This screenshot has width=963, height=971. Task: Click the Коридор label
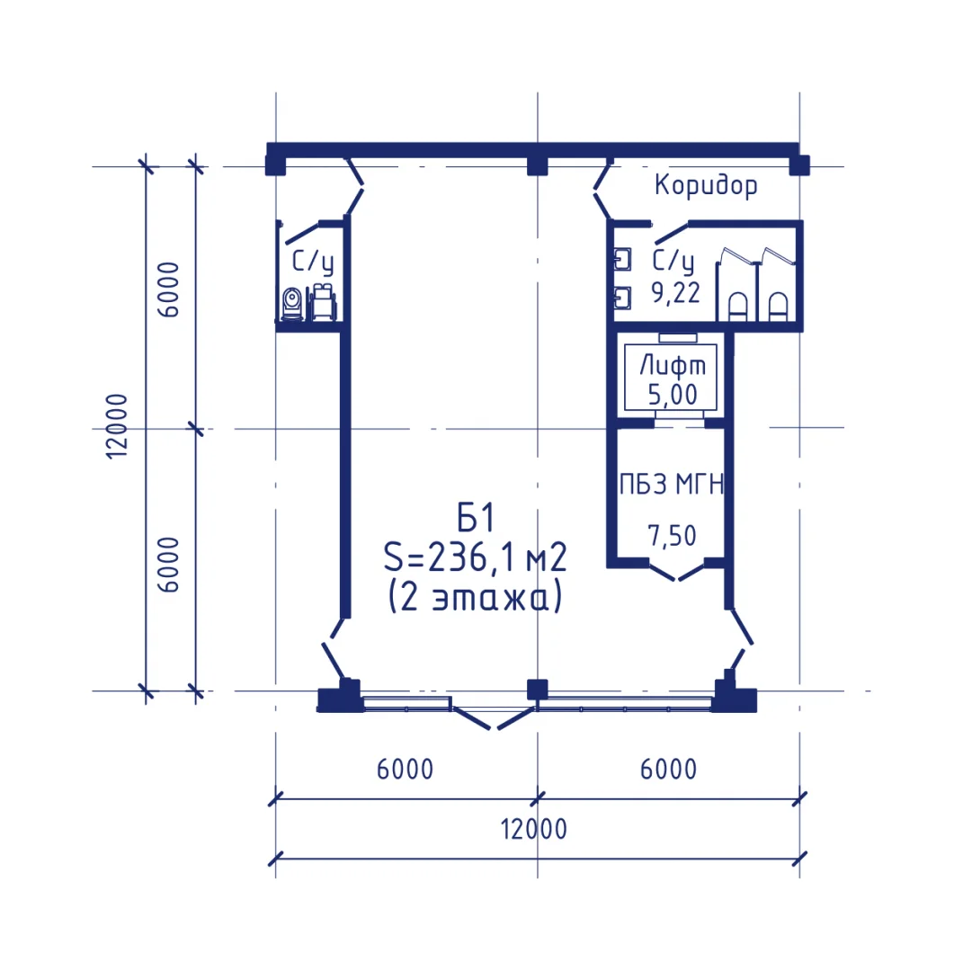705,185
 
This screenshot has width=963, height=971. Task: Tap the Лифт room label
673,365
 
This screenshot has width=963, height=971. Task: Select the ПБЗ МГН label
672,484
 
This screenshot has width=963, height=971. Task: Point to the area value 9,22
675,292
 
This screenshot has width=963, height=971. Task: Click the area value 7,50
672,536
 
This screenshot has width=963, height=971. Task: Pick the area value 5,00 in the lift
673,395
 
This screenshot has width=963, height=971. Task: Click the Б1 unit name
476,518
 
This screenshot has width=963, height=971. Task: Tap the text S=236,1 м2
475,557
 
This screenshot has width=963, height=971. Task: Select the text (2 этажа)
475,597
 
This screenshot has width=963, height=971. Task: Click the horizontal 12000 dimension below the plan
534,829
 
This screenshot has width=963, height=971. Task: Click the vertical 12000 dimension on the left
117,426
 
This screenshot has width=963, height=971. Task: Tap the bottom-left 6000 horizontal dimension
405,770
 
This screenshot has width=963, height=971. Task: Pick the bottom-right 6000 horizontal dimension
668,770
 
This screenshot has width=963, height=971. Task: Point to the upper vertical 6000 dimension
168,290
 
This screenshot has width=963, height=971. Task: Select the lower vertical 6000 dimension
168,564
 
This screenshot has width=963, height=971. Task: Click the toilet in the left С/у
291,304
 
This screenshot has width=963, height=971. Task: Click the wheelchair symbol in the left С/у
322,302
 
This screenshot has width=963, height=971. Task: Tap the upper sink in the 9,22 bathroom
622,260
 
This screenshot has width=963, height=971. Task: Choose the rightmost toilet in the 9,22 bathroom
778,307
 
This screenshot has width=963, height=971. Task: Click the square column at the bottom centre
537,690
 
